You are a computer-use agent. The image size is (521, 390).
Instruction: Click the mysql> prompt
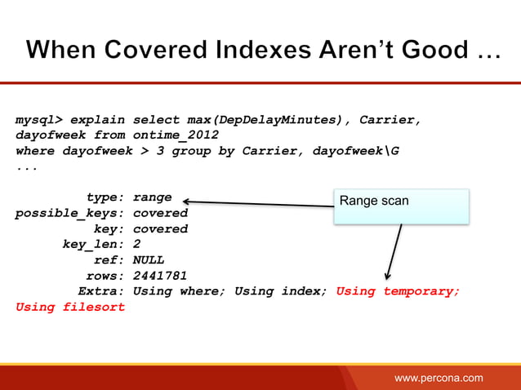click(x=38, y=120)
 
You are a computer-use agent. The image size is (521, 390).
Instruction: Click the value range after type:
click(x=152, y=197)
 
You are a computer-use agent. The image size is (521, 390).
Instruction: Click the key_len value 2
click(x=136, y=244)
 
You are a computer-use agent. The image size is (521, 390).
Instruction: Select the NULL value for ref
click(x=148, y=260)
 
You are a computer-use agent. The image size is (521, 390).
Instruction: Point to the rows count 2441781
click(x=160, y=276)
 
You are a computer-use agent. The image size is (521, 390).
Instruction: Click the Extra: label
click(x=100, y=291)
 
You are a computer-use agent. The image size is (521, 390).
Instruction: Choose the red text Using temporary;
click(x=398, y=291)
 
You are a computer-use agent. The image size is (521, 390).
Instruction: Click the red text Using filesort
click(x=70, y=307)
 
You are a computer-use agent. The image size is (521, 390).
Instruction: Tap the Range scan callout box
click(x=400, y=206)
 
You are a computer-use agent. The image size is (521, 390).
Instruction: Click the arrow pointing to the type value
click(x=257, y=202)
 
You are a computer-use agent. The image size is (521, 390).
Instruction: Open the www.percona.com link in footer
click(x=439, y=378)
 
